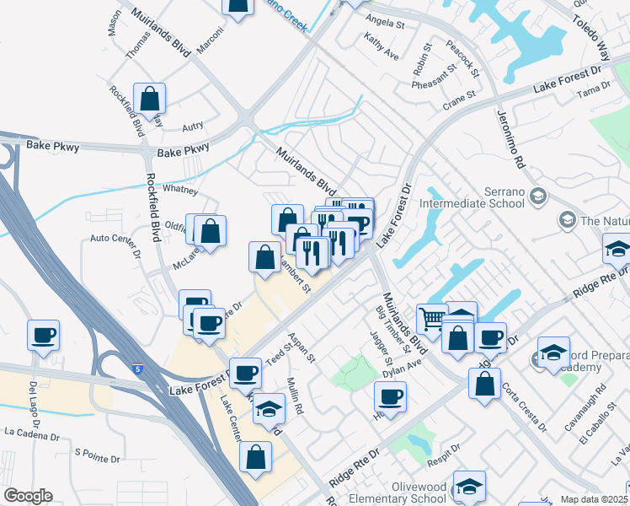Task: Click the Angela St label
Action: tap(385, 25)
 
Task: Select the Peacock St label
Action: tap(462, 60)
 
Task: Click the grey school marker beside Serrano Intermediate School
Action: tap(539, 197)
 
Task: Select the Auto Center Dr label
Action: tap(115, 239)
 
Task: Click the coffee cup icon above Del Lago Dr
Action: tap(43, 335)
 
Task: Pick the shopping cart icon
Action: tap(431, 319)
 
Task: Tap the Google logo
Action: tap(27, 496)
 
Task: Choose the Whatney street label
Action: tap(179, 190)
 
